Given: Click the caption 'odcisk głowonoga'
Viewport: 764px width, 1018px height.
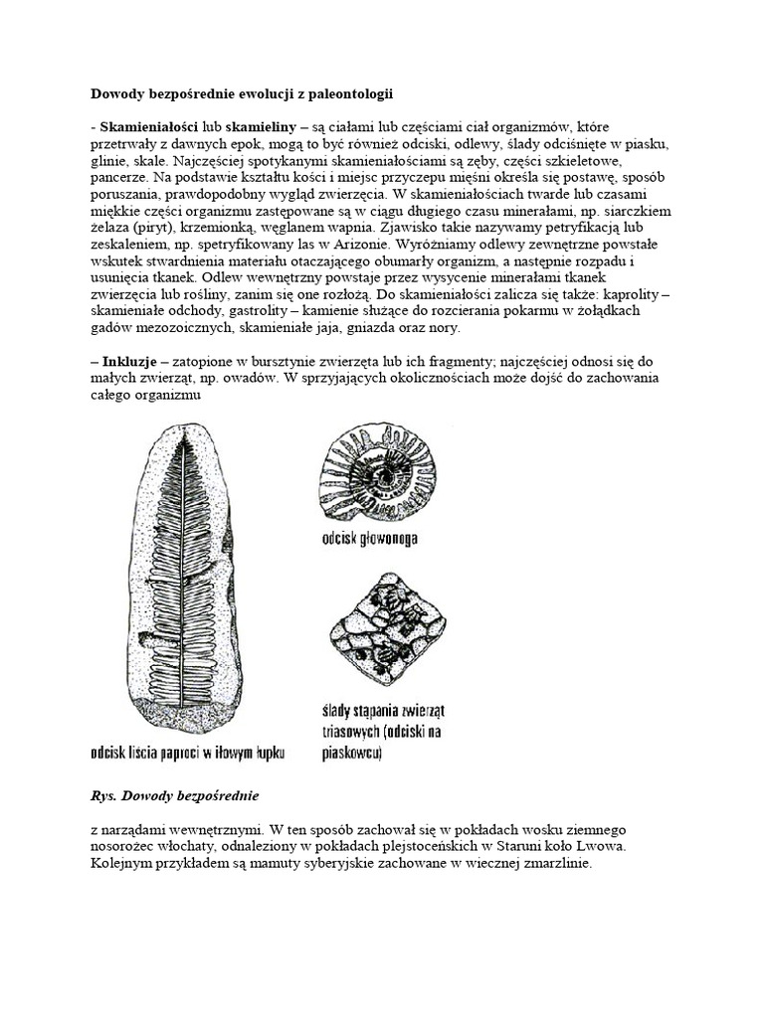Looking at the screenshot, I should (369, 540).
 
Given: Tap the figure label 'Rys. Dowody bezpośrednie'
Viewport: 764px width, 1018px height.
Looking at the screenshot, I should (171, 795).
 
